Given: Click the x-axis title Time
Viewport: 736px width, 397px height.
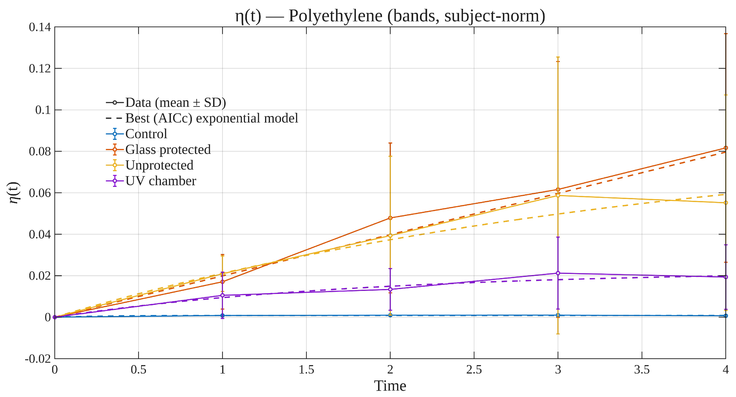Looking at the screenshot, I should click(390, 386).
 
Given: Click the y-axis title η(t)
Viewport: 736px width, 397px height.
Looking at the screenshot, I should click(14, 193).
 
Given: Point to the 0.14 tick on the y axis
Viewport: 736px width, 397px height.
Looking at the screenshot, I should click(40, 27).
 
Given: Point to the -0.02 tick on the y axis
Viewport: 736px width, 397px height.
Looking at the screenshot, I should click(38, 359).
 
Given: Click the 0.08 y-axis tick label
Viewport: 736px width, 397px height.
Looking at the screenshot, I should click(40, 151).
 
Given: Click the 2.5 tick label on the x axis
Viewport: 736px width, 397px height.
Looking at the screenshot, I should click(474, 370).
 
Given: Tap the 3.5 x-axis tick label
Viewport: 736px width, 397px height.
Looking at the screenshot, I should click(642, 370).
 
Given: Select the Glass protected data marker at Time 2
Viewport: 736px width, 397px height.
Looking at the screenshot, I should click(390, 218).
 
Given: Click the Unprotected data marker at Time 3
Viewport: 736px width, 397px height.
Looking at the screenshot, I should click(558, 195).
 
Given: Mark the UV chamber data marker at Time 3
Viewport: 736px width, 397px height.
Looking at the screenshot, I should click(558, 273).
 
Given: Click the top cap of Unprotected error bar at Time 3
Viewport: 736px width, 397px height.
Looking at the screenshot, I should click(558, 57).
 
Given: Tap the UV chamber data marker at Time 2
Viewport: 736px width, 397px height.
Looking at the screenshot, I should click(390, 289).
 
